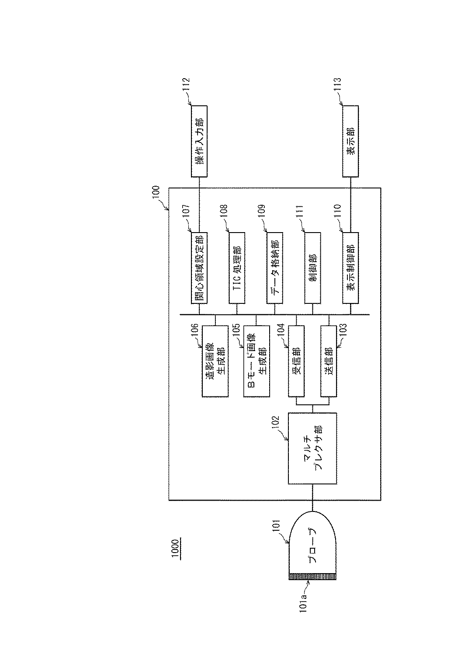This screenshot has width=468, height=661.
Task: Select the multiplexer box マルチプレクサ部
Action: [x=312, y=448]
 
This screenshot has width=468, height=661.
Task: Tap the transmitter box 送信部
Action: [x=329, y=362]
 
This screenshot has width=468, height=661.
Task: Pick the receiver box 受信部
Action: [x=297, y=362]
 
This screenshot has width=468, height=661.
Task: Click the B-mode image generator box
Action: [x=256, y=362]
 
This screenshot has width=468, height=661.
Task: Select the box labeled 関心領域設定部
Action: [x=199, y=268]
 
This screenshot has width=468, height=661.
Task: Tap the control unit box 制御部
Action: [x=312, y=268]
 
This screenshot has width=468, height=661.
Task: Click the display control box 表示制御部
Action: [x=350, y=268]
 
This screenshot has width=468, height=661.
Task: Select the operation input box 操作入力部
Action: [x=199, y=141]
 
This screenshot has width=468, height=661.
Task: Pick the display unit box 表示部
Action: [x=350, y=141]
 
